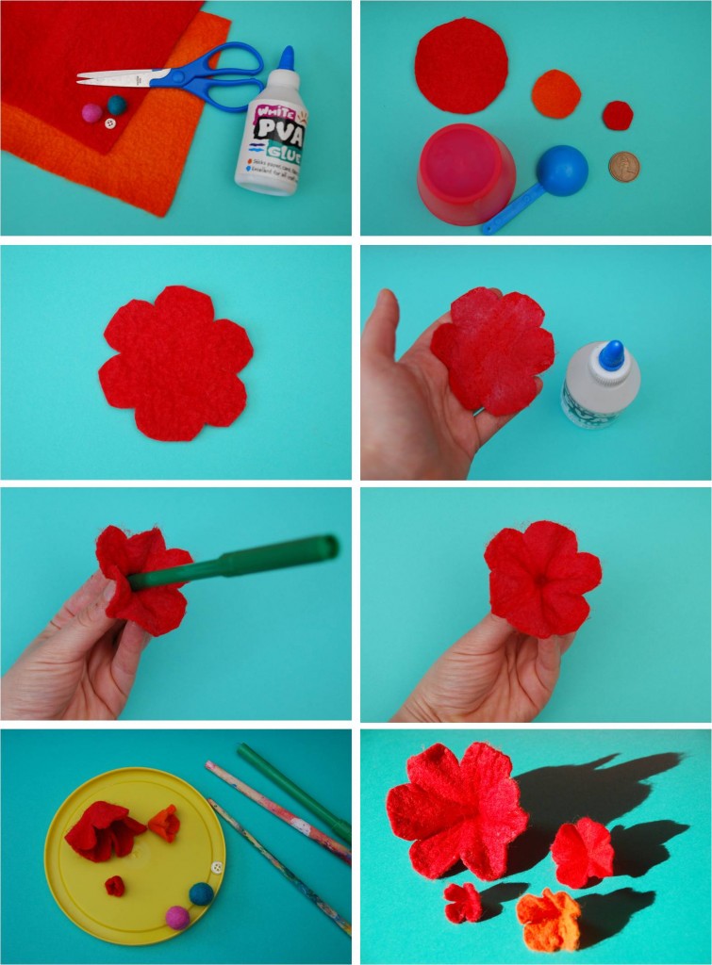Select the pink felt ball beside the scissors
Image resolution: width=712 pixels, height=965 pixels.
click(x=91, y=113)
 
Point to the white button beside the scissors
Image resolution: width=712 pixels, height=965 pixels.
click(x=109, y=122)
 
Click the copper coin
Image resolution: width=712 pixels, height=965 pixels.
click(x=623, y=167)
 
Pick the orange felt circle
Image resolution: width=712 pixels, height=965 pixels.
click(x=555, y=94)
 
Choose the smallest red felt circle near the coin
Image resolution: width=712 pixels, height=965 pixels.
click(x=618, y=115)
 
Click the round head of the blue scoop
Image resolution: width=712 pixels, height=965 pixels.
click(x=563, y=170)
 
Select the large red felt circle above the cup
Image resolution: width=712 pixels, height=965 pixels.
click(x=461, y=64)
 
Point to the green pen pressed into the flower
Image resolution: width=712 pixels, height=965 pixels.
click(x=236, y=563)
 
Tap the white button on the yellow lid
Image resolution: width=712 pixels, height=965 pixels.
click(x=217, y=867)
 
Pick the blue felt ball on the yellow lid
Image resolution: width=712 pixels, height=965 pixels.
click(x=201, y=893)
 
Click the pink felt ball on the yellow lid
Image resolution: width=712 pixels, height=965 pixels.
click(x=177, y=917)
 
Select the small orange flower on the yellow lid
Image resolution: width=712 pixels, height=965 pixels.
click(x=164, y=822)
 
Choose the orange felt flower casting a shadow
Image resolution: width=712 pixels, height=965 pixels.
click(x=549, y=920)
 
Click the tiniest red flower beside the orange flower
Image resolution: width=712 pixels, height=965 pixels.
click(x=462, y=902)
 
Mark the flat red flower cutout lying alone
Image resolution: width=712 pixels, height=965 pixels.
click(x=176, y=363)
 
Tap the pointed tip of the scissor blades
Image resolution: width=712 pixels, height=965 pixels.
click(x=79, y=78)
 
